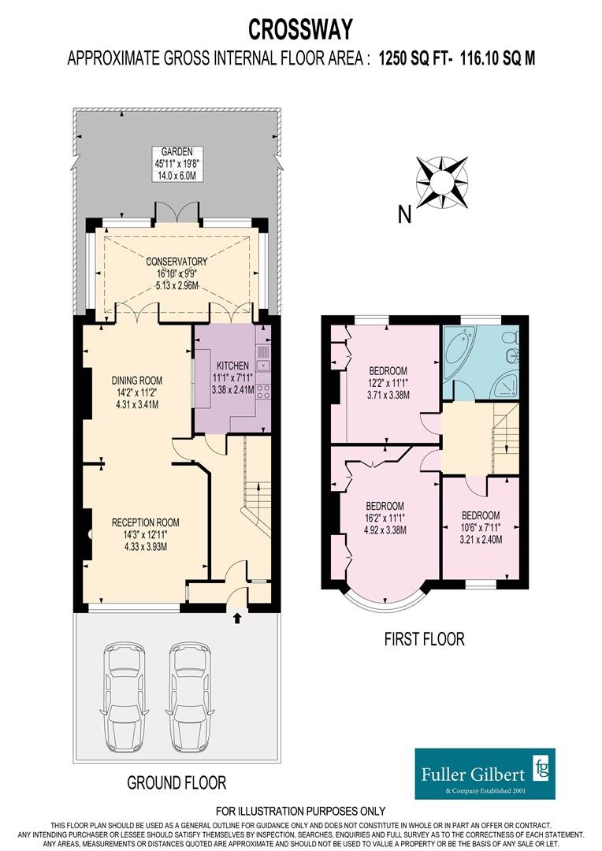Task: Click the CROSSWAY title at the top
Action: tap(301, 29)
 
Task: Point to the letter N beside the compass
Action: tap(404, 214)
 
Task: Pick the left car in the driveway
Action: tap(123, 699)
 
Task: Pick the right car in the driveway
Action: tap(188, 699)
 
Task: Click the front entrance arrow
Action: tap(237, 619)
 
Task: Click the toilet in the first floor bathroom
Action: tap(510, 339)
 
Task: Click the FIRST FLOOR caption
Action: tap(424, 639)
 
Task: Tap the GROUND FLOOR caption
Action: tap(177, 782)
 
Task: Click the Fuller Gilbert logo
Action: tap(485, 773)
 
